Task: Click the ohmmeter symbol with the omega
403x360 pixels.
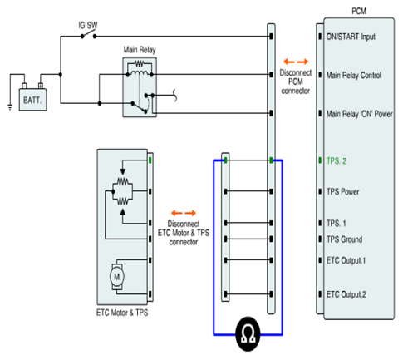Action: coord(248,334)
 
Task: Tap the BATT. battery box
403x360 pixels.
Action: coord(32,100)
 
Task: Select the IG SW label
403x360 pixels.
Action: coord(88,25)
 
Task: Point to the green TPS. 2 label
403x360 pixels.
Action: coord(337,161)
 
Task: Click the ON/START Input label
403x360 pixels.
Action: coord(351,37)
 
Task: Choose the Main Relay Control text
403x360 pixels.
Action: coord(354,75)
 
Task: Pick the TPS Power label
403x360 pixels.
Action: coord(342,191)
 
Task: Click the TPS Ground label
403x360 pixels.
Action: coord(344,239)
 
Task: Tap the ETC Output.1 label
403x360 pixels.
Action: coord(346,260)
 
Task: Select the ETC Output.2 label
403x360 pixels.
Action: coord(346,294)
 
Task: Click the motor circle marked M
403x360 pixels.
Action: coord(117,276)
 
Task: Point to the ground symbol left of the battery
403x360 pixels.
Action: coord(10,107)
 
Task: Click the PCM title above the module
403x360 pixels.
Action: coord(359,11)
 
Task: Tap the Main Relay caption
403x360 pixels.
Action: coord(140,50)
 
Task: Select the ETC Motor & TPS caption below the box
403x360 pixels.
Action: coord(122,313)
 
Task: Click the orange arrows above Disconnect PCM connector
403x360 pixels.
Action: coord(296,62)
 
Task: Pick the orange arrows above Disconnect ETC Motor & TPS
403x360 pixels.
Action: coord(184,213)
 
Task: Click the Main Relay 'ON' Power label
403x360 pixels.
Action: coord(360,114)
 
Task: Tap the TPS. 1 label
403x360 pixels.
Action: coord(337,223)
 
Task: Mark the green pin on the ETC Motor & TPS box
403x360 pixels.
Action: coord(150,160)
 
